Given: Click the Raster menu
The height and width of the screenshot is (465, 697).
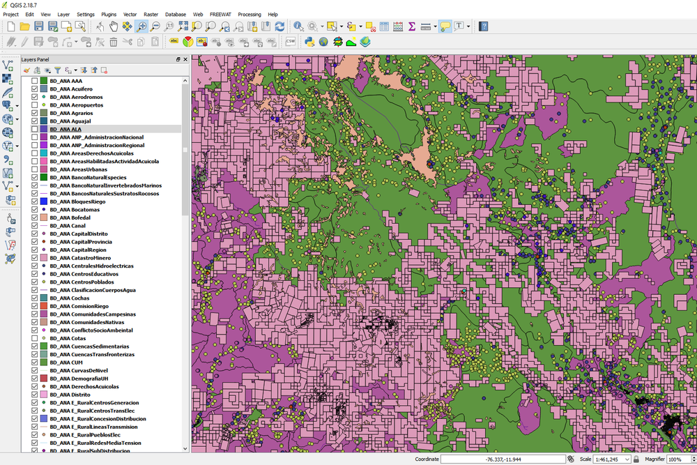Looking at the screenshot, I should point(151,14).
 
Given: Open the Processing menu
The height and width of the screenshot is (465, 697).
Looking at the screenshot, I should point(249,14).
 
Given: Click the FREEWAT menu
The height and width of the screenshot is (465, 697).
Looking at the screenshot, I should point(220,14).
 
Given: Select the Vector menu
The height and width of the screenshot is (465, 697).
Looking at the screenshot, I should point(130,14).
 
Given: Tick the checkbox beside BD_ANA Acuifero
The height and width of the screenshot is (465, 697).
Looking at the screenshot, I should point(35,89).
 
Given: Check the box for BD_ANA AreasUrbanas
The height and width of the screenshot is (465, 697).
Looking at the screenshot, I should point(35,169).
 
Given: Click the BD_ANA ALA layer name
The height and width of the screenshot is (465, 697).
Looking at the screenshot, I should point(66,130).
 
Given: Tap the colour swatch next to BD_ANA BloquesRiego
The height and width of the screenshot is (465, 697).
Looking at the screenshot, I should point(43,201).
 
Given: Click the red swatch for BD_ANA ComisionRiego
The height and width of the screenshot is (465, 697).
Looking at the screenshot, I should point(43,306).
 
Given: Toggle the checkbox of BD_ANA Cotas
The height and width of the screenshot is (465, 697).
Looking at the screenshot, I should point(35,338).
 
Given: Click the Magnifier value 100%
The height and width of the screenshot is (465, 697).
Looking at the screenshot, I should point(676,459).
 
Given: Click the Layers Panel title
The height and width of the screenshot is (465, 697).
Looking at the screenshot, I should point(35,60).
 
